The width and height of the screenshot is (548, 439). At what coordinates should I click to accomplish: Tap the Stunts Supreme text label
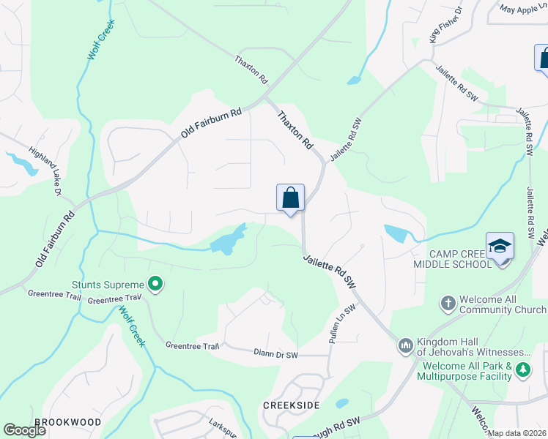pyautogui.click(x=108, y=284)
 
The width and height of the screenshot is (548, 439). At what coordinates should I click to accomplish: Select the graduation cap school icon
pyautogui.click(x=500, y=247)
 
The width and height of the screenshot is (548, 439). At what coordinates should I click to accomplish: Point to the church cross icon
pyautogui.click(x=448, y=303)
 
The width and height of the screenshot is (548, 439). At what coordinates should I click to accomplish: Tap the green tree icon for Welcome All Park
pyautogui.click(x=522, y=370)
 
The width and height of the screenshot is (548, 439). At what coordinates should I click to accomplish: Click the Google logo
pyautogui.click(x=24, y=430)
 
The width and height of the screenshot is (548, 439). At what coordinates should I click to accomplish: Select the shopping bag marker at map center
pyautogui.click(x=290, y=198)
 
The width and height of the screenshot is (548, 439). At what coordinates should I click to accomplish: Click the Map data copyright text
pyautogui.click(x=517, y=433)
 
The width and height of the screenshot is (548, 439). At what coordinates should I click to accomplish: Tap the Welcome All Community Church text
pyautogui.click(x=503, y=304)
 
